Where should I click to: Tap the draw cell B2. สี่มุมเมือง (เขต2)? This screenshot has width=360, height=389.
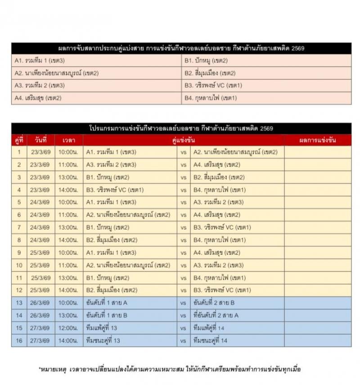(x=210, y=73)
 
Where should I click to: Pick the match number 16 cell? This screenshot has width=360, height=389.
(x=19, y=341)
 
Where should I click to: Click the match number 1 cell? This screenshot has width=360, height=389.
(x=19, y=152)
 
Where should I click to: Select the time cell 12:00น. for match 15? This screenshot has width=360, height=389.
(x=69, y=328)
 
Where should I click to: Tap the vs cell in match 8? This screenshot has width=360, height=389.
(x=184, y=240)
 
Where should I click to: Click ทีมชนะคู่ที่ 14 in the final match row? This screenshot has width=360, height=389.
(x=210, y=341)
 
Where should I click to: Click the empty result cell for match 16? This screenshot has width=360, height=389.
(x=317, y=341)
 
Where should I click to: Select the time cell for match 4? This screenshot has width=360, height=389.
(x=69, y=190)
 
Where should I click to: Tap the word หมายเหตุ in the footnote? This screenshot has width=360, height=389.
(x=54, y=370)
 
